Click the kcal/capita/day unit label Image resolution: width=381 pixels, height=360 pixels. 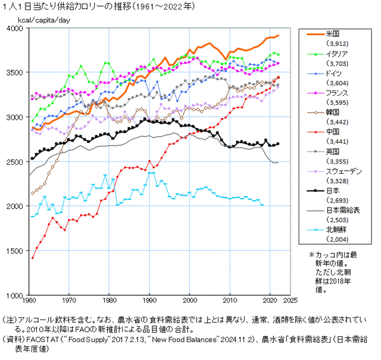click(x=43, y=20)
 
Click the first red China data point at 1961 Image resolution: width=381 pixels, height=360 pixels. click(x=33, y=258)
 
